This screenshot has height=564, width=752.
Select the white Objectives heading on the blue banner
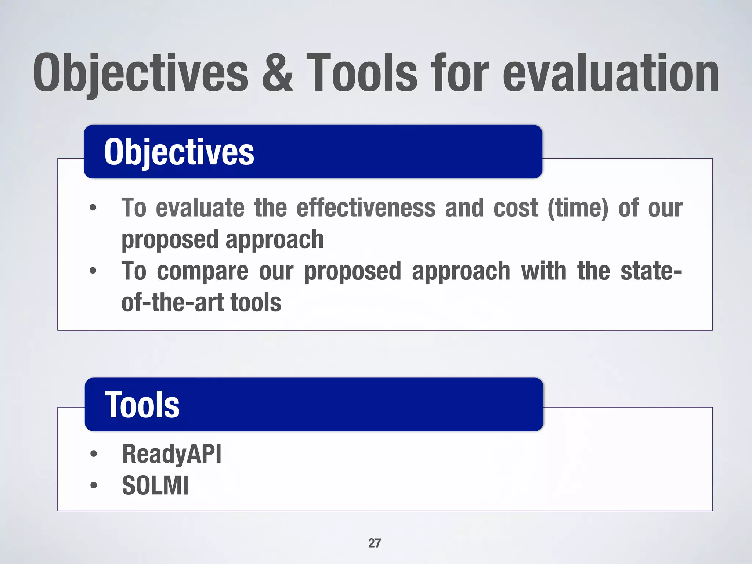coord(179,152)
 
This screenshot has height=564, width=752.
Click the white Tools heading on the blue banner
coord(142,405)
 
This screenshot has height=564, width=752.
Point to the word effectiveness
coord(366,208)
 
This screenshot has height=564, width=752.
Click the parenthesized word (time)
coord(578,208)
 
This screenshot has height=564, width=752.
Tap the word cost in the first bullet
coord(516,208)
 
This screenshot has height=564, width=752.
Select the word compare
coord(202,271)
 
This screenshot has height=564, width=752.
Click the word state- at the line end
coord(651,271)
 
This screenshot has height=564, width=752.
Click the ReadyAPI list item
coord(171,454)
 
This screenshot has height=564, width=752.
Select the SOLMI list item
coord(155,485)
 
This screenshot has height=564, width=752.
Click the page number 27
coord(375,543)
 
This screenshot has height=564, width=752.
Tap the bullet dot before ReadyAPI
coord(94,454)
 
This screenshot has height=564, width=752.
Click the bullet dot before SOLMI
coord(94,485)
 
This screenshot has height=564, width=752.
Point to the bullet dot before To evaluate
coord(93,208)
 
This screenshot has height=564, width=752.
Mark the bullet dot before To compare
coord(93,271)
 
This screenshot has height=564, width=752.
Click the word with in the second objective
coord(543,271)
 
